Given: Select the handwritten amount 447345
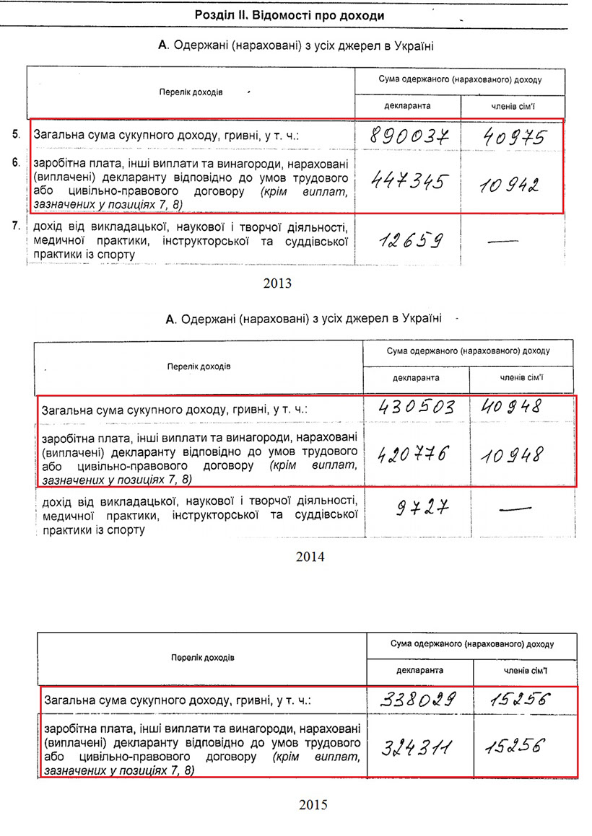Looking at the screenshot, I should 406,182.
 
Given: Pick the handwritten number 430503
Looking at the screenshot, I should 417,408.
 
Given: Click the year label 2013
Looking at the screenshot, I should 278,283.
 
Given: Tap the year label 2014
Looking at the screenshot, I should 310,557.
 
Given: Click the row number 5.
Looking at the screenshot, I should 15,134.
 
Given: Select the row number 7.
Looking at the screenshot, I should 15,227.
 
